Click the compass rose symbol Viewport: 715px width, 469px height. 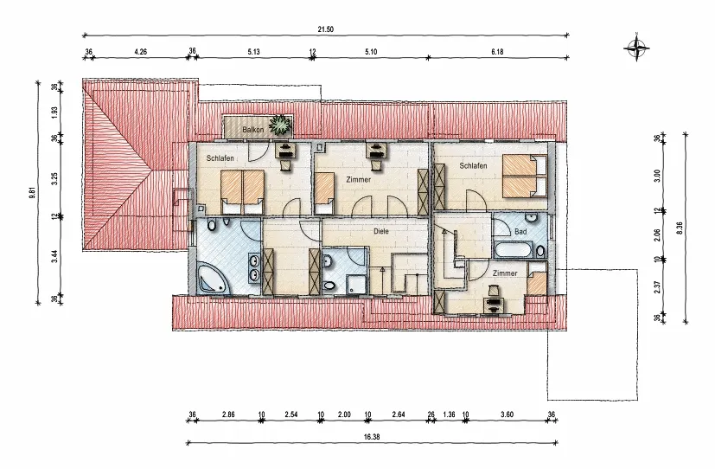pos(636,47)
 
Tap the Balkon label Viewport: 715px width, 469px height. pos(253,130)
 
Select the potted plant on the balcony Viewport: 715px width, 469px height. pos(280,125)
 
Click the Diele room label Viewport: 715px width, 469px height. pos(381,231)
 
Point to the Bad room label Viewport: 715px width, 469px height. pos(520,232)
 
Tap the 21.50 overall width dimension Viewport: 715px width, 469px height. pos(326,29)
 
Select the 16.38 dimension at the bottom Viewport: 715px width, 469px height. pos(372,437)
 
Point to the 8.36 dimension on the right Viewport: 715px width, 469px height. pos(680,228)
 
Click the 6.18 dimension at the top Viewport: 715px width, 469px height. pos(497,52)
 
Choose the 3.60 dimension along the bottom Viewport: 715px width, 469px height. pos(507,414)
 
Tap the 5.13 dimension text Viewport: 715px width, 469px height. pos(253,52)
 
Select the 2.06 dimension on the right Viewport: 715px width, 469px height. pos(657,235)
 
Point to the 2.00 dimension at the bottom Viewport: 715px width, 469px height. pos(344,414)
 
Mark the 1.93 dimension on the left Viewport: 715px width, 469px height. pos(54,112)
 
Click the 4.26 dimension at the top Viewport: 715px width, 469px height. pos(140,52)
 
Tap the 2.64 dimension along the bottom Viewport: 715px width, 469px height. pos(398,414)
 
